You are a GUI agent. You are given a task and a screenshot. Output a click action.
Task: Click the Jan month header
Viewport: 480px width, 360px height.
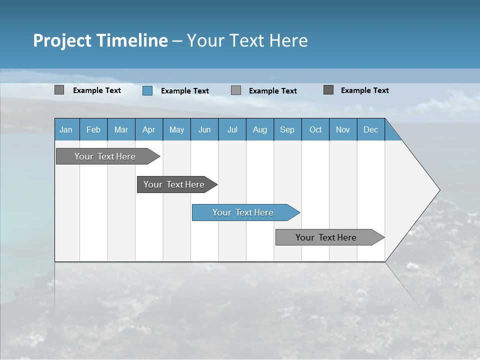(66, 129)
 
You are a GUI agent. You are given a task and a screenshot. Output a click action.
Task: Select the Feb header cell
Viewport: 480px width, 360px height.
(93, 129)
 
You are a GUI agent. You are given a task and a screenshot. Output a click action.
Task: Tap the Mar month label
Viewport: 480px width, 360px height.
(121, 129)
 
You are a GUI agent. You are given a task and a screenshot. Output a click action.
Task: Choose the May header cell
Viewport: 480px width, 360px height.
(176, 129)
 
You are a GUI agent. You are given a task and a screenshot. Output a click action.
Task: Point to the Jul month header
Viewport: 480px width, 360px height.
(232, 129)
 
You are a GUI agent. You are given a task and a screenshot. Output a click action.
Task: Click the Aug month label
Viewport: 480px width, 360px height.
(259, 129)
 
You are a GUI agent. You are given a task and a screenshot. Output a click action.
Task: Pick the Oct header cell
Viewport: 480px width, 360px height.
(315, 129)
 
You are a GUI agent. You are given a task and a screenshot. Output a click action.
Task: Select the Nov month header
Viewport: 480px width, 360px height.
(343, 129)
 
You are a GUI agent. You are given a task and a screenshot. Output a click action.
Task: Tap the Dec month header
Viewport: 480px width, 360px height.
(370, 129)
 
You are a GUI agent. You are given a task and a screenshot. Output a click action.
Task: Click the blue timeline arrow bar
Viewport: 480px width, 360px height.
(245, 212)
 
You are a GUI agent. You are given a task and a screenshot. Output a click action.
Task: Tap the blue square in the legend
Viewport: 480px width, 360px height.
(147, 90)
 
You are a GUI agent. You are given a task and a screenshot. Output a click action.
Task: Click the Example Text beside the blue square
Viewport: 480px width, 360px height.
(184, 91)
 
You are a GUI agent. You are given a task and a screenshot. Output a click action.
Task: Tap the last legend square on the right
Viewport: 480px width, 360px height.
(328, 90)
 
